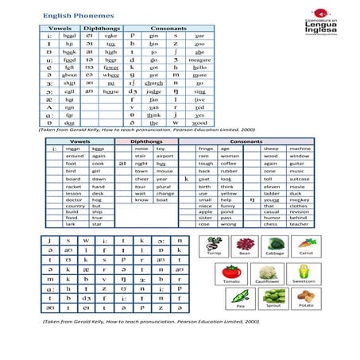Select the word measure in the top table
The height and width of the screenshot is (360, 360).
click(x=200, y=59)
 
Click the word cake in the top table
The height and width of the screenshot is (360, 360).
click(x=110, y=36)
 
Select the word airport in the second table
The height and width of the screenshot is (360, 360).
click(x=165, y=156)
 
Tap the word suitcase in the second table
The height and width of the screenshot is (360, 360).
click(x=300, y=179)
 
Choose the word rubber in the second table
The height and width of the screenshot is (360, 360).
click(x=228, y=171)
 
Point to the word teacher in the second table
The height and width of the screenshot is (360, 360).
click(x=300, y=224)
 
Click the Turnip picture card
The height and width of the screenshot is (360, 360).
click(x=214, y=246)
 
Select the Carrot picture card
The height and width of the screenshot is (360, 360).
click(x=305, y=246)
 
